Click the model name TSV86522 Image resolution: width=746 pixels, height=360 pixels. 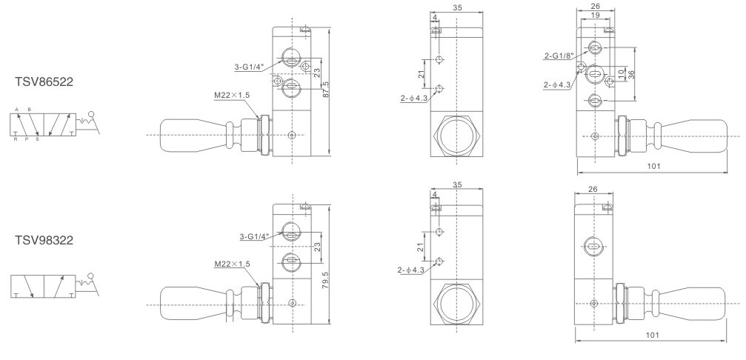[x=44, y=81]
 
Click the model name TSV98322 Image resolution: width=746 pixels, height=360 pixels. [x=44, y=240]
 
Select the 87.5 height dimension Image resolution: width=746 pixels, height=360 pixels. [x=326, y=90]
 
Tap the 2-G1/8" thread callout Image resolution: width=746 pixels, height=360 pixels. [x=559, y=56]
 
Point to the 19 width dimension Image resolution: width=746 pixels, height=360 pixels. [x=595, y=16]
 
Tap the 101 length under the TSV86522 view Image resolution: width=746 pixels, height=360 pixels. [x=654, y=166]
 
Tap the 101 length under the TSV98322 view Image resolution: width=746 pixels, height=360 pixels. [x=652, y=335]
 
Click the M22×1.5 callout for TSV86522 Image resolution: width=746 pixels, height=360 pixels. [x=232, y=95]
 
